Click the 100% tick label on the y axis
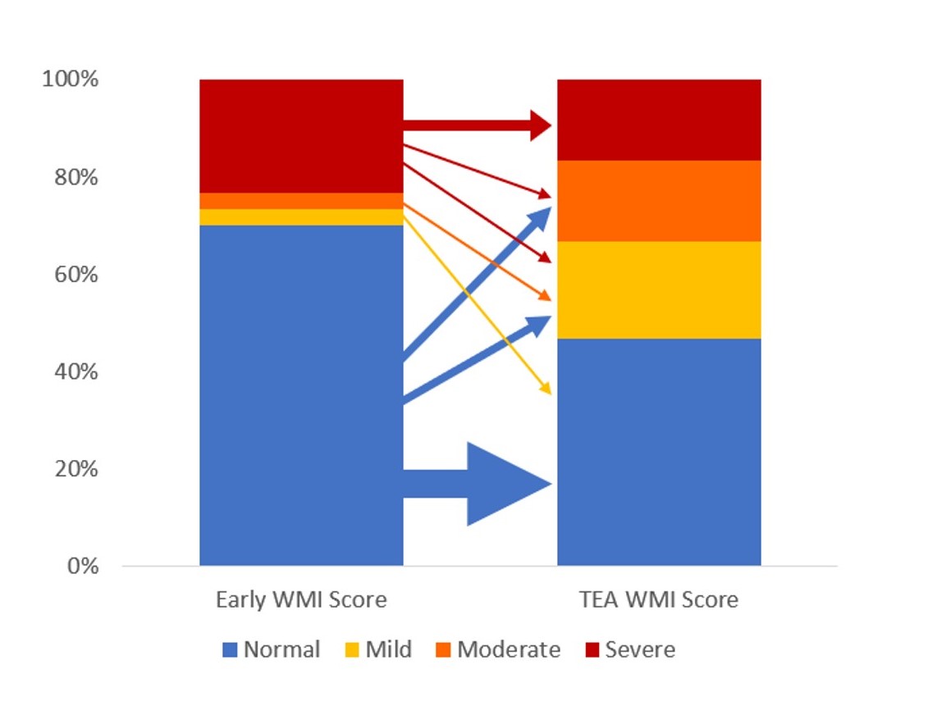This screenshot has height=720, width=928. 70,79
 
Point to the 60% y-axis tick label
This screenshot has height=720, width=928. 75,275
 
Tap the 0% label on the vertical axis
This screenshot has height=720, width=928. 82,566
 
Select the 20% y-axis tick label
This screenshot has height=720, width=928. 75,469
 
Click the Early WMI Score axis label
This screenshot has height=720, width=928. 301,600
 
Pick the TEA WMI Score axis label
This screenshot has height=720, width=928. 659,600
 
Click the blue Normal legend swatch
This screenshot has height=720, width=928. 230,649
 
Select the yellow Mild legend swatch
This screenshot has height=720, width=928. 351,649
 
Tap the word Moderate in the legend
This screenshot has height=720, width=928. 509,649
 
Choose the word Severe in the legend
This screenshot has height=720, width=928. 640,649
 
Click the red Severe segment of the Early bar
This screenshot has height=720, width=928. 301,136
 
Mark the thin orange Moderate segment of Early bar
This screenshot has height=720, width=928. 301,201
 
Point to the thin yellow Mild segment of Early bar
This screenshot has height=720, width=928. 301,217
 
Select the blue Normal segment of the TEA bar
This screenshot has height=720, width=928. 659,452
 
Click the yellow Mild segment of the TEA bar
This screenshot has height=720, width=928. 659,290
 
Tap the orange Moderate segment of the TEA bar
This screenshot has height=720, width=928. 659,201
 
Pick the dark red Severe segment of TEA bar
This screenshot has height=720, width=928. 659,120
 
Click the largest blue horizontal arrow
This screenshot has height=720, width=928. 478,484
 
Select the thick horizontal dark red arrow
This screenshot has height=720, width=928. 478,125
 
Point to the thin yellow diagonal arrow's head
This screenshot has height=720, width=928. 546,388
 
